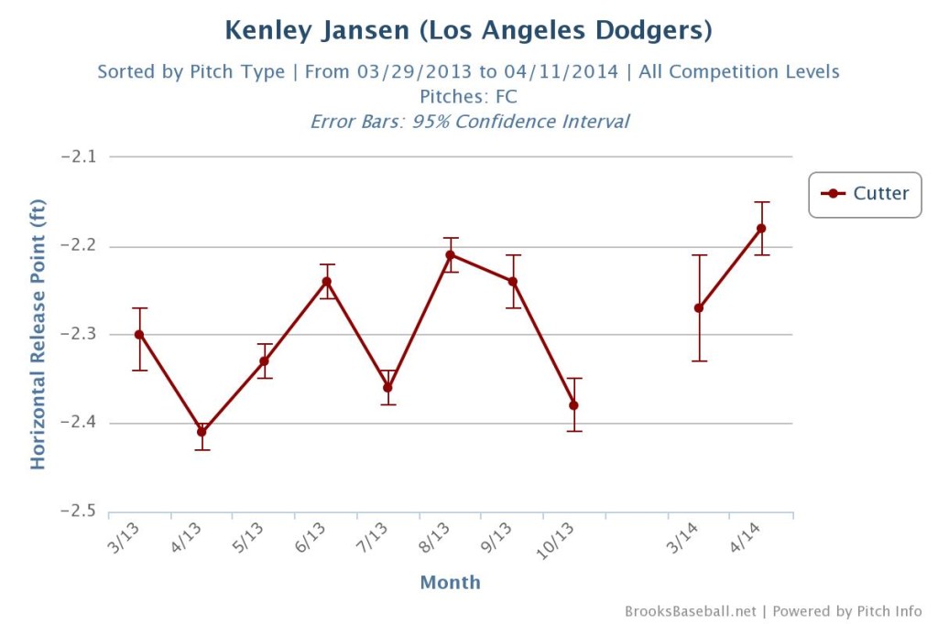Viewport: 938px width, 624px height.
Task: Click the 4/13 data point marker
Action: [202, 432]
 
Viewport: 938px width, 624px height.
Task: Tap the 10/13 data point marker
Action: [574, 405]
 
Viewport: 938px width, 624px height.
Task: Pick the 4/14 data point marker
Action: [761, 228]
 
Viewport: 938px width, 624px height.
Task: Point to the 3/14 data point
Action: [699, 307]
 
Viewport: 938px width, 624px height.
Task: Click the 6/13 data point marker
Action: [326, 281]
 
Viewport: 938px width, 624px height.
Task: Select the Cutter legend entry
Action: [865, 193]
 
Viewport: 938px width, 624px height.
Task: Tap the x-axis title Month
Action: [450, 582]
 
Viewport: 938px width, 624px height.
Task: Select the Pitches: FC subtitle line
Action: [468, 96]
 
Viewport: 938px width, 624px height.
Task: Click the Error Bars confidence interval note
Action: [468, 121]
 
